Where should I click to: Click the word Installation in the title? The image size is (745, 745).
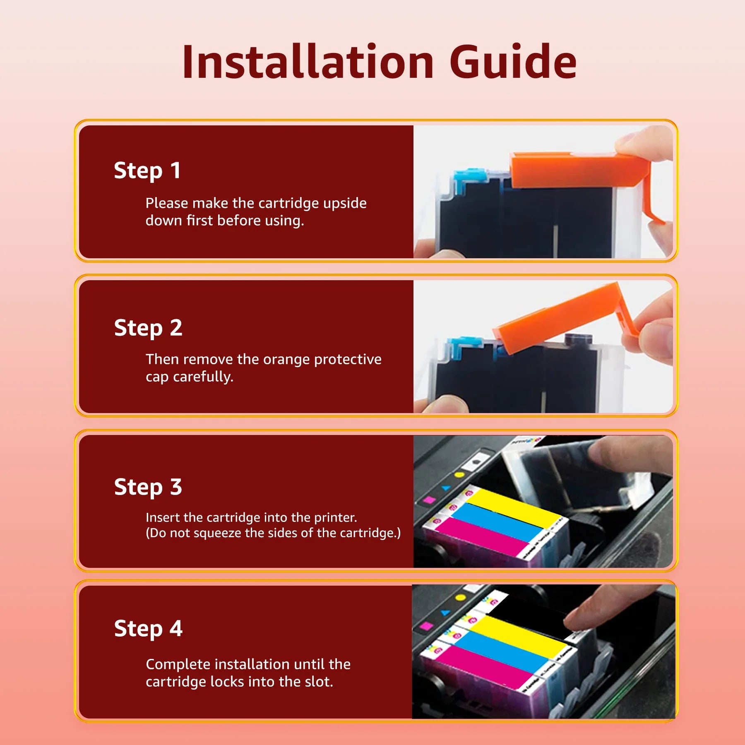(x=308, y=62)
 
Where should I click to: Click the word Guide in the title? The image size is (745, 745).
(x=513, y=62)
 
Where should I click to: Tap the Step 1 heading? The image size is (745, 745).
(x=147, y=171)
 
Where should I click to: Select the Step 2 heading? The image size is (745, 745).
(x=148, y=328)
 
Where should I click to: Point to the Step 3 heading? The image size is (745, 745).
(x=148, y=487)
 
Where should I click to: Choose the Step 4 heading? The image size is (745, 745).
(x=148, y=629)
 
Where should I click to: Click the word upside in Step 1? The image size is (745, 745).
(x=345, y=204)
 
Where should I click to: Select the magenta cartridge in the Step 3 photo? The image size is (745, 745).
(x=480, y=536)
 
